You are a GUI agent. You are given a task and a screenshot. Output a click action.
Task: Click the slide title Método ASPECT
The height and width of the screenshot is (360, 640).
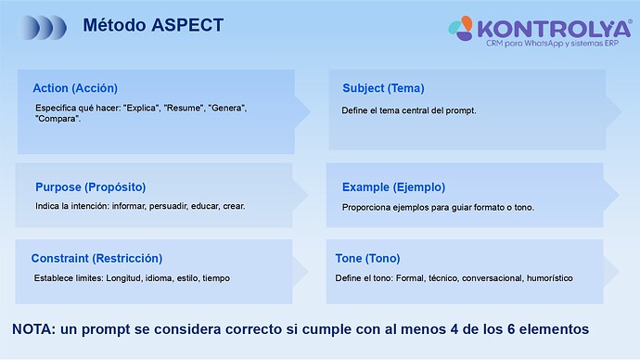[x=153, y=25]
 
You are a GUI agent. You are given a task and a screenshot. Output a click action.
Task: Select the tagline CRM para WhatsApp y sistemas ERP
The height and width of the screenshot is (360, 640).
[x=552, y=45]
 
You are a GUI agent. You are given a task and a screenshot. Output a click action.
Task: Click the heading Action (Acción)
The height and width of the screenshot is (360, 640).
[x=75, y=88]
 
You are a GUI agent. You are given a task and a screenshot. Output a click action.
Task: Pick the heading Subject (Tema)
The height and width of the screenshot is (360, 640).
[x=383, y=88]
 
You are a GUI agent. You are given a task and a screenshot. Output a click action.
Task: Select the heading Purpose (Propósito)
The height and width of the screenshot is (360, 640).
[x=90, y=186]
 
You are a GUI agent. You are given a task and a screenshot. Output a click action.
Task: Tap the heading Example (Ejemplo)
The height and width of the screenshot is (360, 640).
[x=393, y=186]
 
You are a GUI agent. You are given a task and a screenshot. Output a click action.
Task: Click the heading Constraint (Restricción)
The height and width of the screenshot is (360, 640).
[x=96, y=258]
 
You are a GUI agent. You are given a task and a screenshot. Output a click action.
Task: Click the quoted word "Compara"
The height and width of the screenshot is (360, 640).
[x=58, y=119]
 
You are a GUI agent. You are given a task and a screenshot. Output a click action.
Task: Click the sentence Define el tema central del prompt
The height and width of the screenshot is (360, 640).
[x=409, y=110]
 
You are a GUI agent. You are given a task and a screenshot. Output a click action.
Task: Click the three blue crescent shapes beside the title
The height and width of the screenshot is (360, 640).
[x=45, y=26]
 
